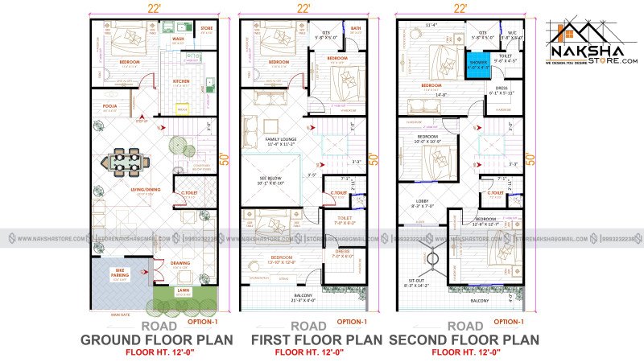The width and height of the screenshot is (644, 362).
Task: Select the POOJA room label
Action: coord(109,105)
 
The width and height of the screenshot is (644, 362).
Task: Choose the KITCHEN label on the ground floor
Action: coord(180,81)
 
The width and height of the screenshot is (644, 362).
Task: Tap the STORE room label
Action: coord(206,28)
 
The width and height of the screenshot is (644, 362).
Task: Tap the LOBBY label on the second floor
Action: coord(421,202)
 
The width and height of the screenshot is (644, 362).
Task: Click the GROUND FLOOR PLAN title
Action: coord(156,340)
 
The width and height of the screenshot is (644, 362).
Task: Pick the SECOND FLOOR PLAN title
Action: coord(464,340)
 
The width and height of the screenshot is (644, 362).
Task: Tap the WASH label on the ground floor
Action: coord(178,38)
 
